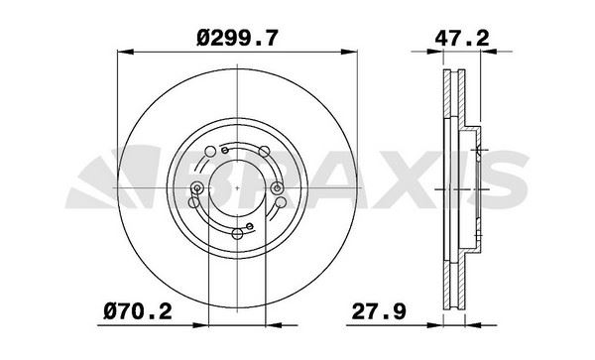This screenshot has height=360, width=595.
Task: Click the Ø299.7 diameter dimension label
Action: click(x=237, y=38)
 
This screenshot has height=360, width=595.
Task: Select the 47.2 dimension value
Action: click(x=462, y=38)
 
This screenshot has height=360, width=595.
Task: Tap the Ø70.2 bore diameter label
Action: click(x=138, y=311)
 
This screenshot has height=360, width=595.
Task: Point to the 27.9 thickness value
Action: click(x=379, y=311)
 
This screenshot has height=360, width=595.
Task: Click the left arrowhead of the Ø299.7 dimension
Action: click(x=126, y=52)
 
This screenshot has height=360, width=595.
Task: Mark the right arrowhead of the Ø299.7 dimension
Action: click(x=349, y=52)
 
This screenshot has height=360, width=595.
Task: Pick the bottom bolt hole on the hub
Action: click(x=237, y=234)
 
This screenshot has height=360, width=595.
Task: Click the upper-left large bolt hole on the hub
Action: click(x=210, y=152)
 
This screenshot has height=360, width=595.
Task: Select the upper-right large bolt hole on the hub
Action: click(x=264, y=152)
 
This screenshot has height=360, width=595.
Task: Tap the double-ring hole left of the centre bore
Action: click(x=196, y=187)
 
